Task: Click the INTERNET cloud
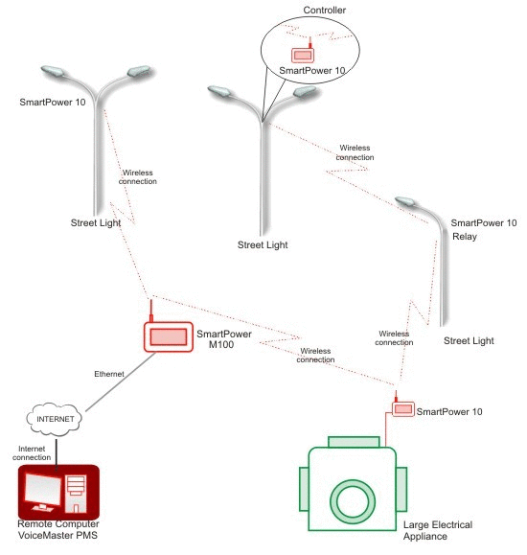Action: pos(54,419)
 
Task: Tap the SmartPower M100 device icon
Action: pos(169,336)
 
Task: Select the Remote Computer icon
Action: pos(58,493)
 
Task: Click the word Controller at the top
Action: pos(324,11)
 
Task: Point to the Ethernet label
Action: pos(109,374)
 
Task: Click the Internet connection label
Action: pos(32,453)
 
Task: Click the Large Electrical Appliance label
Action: pos(438,530)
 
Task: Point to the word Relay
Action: pos(465,237)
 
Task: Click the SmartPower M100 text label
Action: pos(223,339)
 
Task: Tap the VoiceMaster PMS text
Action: pos(57,535)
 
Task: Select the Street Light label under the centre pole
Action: pos(263,245)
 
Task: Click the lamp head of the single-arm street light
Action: pos(406,201)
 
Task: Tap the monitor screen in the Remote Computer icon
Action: pos(42,489)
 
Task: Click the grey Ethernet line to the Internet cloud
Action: pos(121,382)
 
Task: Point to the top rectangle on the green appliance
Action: pos(354,442)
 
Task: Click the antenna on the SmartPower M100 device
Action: pos(151,311)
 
